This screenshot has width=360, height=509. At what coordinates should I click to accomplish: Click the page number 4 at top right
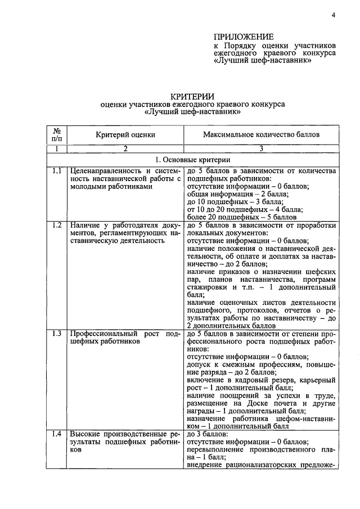click(333, 15)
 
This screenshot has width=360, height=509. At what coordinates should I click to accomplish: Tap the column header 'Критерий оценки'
click(125, 135)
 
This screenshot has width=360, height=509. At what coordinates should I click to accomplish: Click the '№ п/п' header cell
click(56, 134)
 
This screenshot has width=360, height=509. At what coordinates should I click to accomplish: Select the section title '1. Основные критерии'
click(192, 160)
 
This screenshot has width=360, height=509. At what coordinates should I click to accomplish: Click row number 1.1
click(56, 170)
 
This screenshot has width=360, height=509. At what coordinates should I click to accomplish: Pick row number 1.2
click(56, 225)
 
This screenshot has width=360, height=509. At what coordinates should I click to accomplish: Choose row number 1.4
click(56, 434)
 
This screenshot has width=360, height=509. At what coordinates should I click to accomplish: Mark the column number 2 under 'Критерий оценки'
click(125, 148)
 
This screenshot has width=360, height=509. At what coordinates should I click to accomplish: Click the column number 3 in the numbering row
click(261, 148)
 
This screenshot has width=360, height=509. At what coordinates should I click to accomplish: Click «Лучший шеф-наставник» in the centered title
click(192, 112)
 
